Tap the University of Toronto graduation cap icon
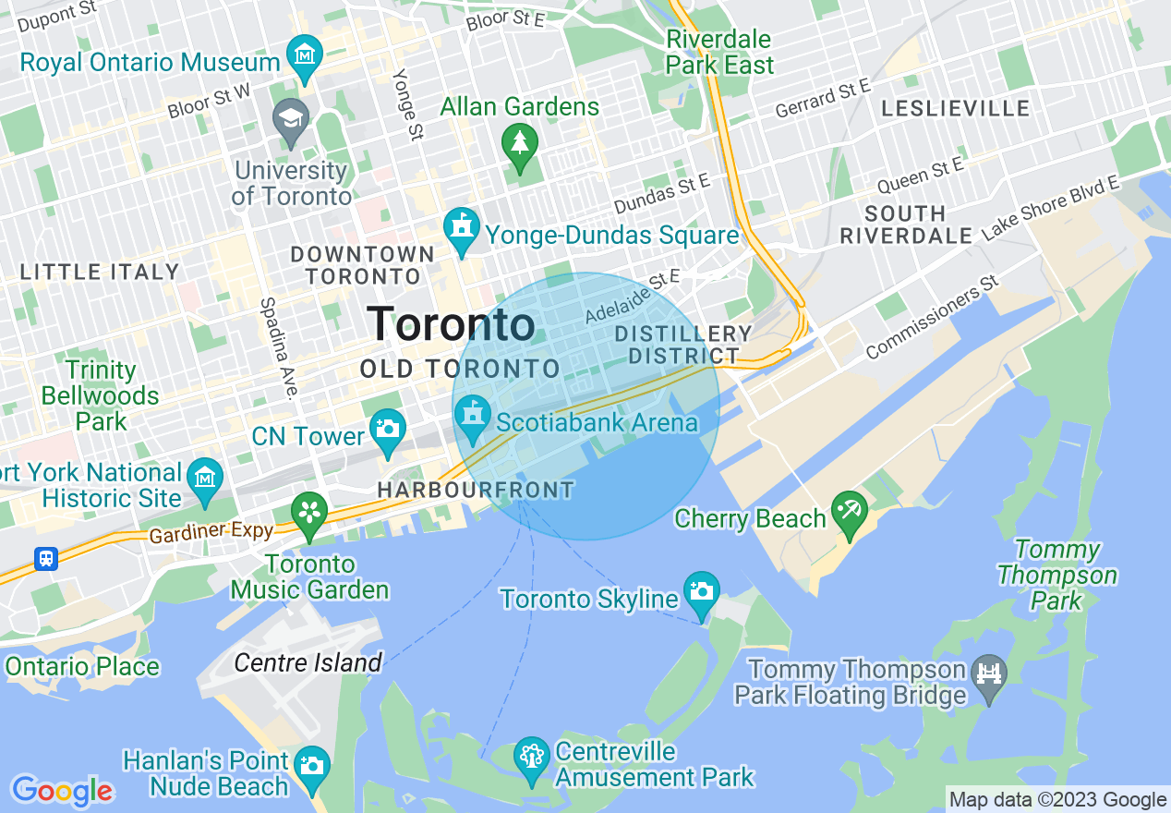(291, 120)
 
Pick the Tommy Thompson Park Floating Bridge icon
(988, 673)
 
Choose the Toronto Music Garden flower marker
(309, 514)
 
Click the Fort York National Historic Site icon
(204, 478)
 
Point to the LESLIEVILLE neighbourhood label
(955, 108)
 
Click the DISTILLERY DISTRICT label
(683, 345)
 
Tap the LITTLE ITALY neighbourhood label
(100, 272)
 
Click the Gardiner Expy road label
(211, 534)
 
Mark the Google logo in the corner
(62, 791)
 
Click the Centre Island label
(308, 662)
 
